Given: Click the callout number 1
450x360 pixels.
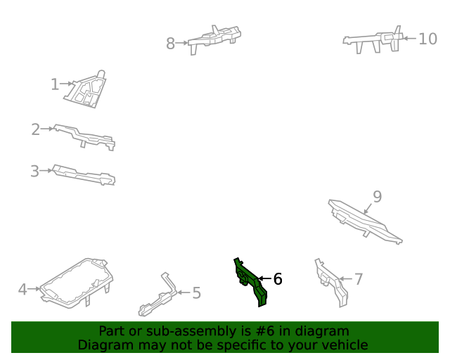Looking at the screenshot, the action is coord(55,84).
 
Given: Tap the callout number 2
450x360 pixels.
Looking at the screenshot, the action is coord(36,129).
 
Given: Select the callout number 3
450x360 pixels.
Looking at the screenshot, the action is coord(34,171).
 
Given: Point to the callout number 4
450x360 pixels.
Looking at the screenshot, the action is coord(22,290).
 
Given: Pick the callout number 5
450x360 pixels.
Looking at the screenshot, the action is coord(197,293).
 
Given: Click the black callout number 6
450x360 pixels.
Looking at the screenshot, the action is coord(278,279).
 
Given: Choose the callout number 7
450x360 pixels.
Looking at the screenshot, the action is coord(359,279).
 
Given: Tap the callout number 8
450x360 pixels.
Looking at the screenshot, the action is coord(170,44).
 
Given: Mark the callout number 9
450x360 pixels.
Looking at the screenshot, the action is coord(378,197).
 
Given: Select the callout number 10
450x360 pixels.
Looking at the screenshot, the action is coord(428,39).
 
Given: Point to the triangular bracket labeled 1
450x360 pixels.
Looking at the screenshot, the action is coord(86,90).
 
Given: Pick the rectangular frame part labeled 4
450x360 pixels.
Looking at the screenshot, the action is coord(77,283).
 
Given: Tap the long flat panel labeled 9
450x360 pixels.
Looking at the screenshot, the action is coord(364,221).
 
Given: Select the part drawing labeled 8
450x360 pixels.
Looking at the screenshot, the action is coord(214,39).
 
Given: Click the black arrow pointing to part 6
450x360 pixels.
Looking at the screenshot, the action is coord(264,278).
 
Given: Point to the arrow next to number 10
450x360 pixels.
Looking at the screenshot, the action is coord(409,38).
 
